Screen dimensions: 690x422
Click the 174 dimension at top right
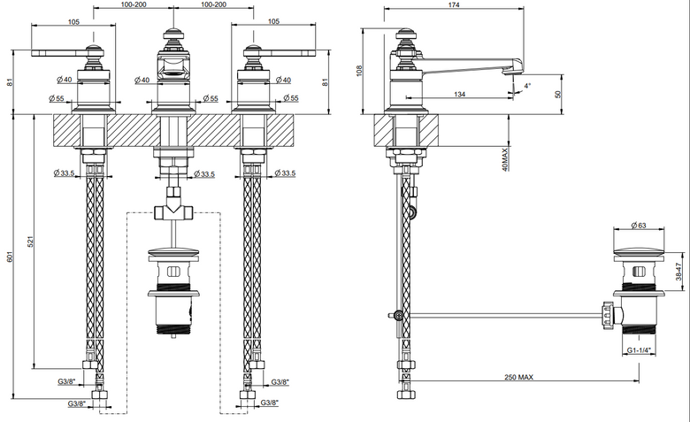click(x=454, y=4)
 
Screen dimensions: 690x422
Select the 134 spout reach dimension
click(x=459, y=94)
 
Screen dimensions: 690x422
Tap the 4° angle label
click(x=527, y=86)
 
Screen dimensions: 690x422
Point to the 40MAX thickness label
click(x=505, y=159)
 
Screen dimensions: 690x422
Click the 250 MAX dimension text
click(x=518, y=377)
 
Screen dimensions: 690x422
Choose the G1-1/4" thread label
click(x=639, y=350)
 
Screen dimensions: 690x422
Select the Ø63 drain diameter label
click(x=639, y=226)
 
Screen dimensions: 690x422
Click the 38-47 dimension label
click(x=678, y=272)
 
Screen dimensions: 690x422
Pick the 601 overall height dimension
click(x=10, y=257)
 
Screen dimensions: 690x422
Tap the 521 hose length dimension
click(x=30, y=242)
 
